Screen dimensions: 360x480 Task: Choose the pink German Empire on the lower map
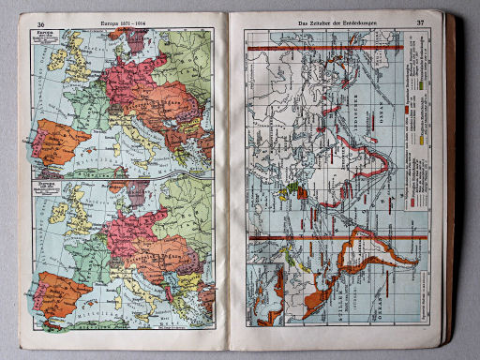coord(131,225)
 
